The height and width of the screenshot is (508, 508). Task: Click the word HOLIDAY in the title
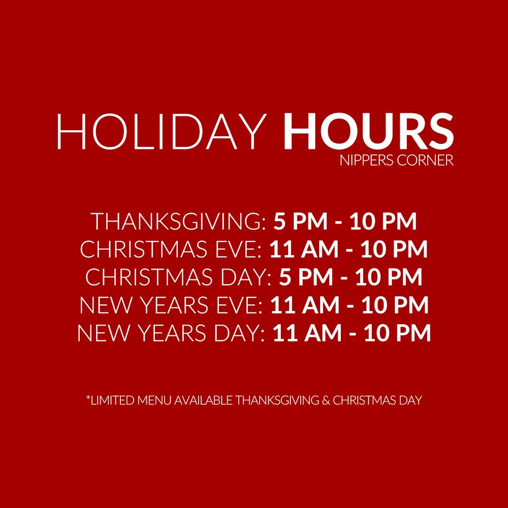162,131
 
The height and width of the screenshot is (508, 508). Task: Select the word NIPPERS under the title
367,160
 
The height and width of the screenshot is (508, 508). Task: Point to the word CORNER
425,160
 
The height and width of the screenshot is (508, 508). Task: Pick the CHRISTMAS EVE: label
171,249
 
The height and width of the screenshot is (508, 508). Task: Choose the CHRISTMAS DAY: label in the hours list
178,277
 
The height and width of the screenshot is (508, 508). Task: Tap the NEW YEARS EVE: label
171,305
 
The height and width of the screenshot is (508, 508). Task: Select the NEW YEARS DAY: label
171,333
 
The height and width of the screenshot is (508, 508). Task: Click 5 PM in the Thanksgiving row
300,221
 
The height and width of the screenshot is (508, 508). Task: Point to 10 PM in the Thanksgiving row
383,221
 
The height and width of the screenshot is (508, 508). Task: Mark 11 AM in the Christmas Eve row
304,249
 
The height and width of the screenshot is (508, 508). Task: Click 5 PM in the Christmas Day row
306,277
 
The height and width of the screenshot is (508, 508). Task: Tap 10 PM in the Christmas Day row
389,277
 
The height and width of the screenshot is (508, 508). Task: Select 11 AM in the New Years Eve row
305,305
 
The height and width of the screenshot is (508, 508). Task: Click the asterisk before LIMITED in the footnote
88,397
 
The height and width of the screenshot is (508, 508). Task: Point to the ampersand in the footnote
326,400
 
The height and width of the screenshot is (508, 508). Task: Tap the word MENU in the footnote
154,400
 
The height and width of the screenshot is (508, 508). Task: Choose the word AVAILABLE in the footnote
204,400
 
